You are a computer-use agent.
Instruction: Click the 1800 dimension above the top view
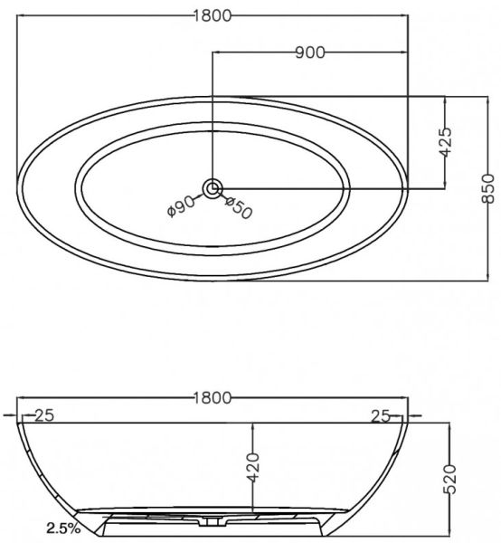point(212,16)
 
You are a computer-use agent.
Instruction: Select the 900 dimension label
point(310,52)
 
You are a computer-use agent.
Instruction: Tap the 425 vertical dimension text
point(445,142)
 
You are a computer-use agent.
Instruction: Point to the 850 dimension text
point(488,189)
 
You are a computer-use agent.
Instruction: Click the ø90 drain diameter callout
point(180,206)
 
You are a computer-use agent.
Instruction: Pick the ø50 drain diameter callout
point(239,207)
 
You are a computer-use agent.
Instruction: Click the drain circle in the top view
point(213,189)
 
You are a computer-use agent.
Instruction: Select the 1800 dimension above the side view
point(212,398)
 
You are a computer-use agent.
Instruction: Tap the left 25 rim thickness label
point(44,415)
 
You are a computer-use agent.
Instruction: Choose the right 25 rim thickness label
point(380,416)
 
